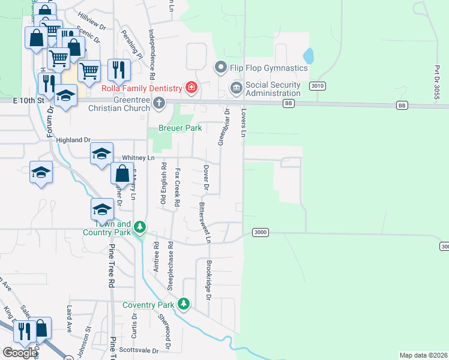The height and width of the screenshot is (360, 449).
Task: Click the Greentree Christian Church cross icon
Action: click(160, 104)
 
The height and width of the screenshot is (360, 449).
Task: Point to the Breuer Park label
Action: click(175, 128)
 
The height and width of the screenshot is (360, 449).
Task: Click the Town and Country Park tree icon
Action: click(140, 227)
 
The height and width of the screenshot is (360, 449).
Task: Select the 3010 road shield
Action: click(318, 86)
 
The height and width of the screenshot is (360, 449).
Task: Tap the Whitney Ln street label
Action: click(139, 158)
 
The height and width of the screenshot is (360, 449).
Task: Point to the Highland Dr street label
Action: click(73, 140)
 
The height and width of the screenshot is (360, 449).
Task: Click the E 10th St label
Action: click(29, 100)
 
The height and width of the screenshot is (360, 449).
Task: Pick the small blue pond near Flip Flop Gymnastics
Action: click(309, 56)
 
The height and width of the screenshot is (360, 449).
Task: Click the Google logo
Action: click(19, 352)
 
